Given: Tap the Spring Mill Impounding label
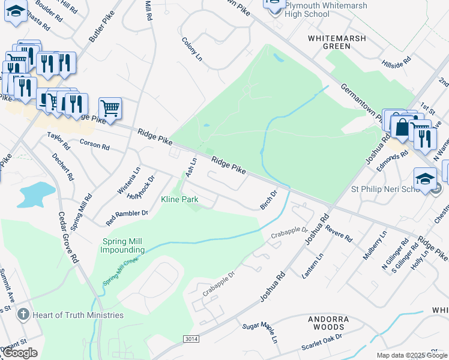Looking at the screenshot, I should point(122,245).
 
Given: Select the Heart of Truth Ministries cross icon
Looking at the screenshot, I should point(23,314).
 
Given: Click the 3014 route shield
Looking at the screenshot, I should point(191,339).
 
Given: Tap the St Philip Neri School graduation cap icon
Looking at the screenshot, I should point(425,179).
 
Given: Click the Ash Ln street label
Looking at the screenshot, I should point(192,167).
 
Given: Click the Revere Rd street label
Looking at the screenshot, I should point(340,233).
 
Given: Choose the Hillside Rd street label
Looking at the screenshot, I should point(396,61).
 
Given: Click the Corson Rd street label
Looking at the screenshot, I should point(94,145).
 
